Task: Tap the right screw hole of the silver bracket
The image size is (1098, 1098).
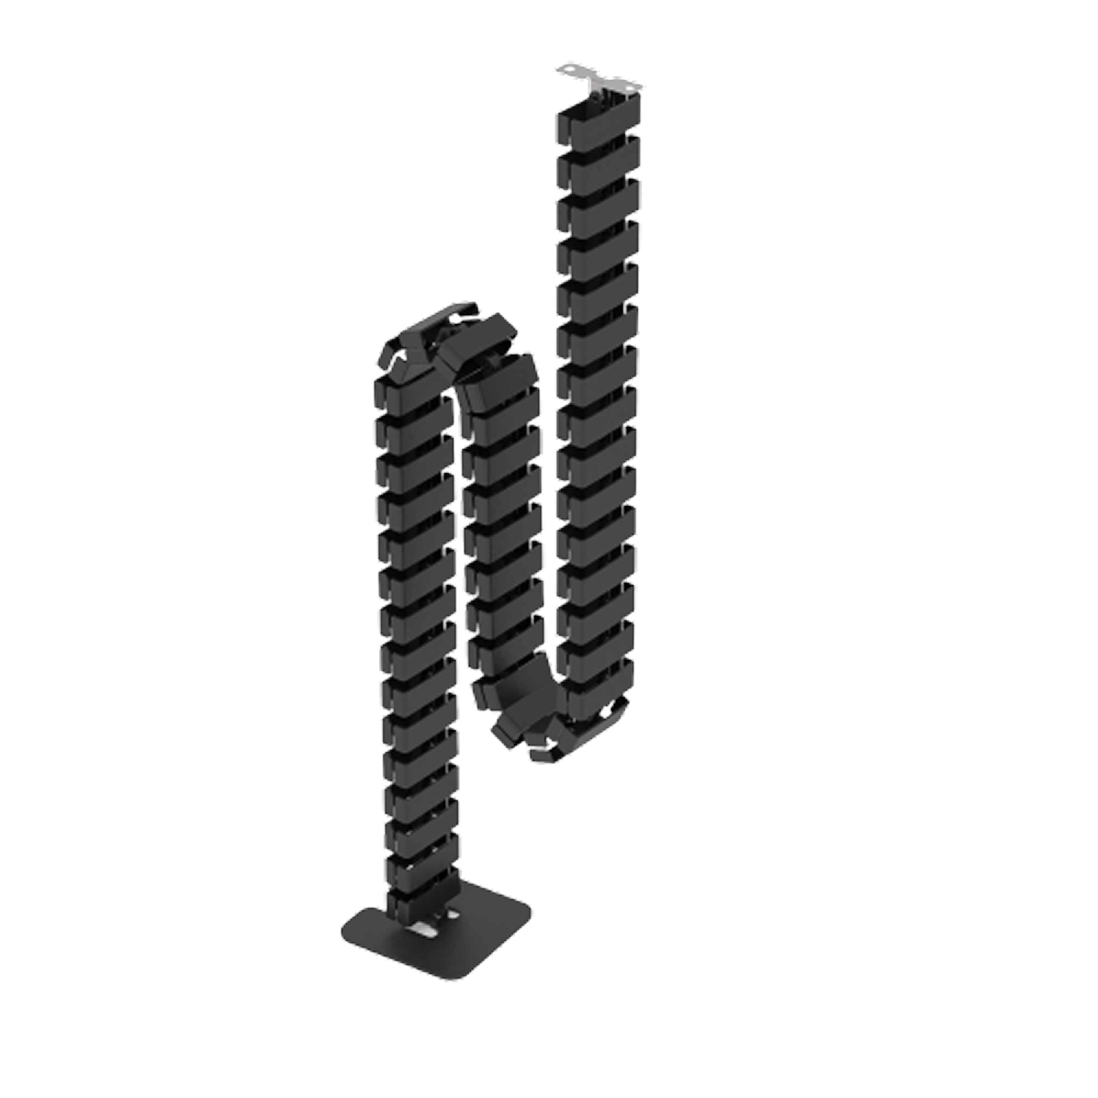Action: click(629, 86)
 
